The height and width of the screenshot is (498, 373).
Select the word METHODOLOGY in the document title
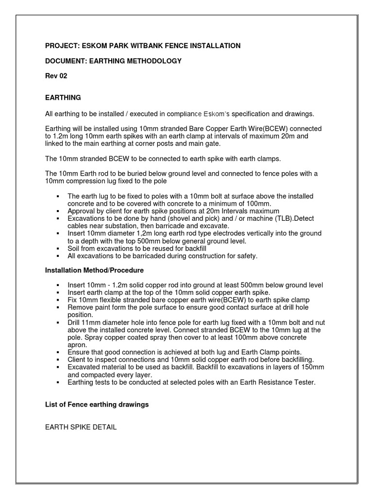pos(154,61)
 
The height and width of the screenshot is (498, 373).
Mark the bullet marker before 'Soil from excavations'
pos(58,248)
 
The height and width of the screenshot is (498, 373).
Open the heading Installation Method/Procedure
pos(94,270)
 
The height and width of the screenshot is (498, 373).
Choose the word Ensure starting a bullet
pos(79,352)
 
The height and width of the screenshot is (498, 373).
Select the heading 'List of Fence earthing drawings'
pos(97,405)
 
